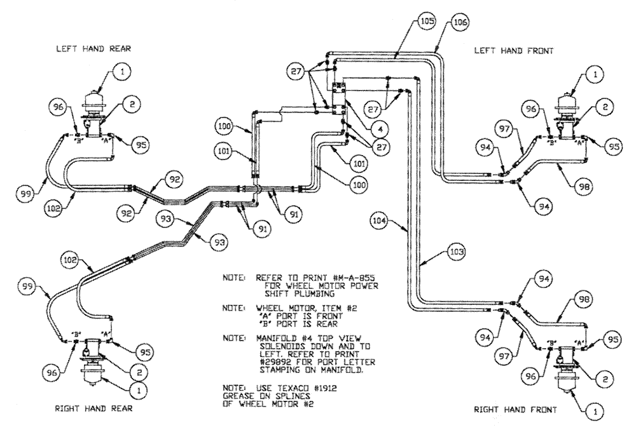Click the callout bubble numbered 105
pyautogui.click(x=428, y=21)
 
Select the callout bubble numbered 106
pyautogui.click(x=460, y=22)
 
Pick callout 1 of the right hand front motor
pyautogui.click(x=595, y=412)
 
